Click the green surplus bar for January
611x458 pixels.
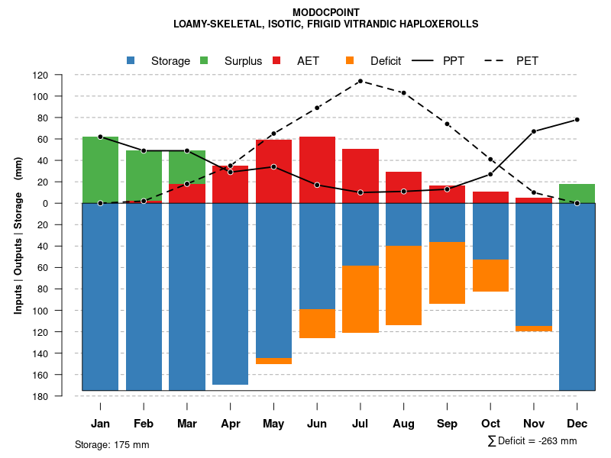click(100, 169)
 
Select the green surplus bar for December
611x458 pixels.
click(577, 193)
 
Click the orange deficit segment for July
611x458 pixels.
click(360, 299)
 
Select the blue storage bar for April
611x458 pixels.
click(231, 294)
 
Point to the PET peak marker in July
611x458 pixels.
click(360, 81)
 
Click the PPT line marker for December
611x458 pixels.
click(577, 120)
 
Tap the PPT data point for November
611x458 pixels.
click(534, 131)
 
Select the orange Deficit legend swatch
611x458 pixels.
click(350, 60)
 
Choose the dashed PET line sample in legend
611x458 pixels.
click(496, 60)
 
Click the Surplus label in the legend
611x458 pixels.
click(243, 61)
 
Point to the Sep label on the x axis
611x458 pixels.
click(447, 424)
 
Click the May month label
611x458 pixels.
click(273, 424)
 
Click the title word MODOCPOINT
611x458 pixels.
click(326, 13)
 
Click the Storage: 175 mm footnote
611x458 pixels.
click(112, 444)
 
